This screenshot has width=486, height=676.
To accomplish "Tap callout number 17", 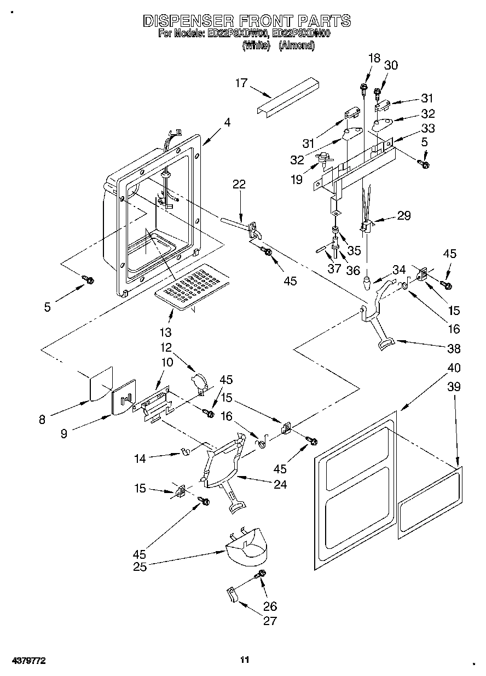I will click(241, 83).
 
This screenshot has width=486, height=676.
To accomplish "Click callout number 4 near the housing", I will click(227, 123).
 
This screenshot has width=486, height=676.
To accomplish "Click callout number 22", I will click(239, 185).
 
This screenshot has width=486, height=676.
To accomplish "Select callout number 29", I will click(404, 215).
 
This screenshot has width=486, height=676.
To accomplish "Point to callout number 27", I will click(269, 621).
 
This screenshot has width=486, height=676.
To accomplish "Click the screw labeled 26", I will click(261, 575).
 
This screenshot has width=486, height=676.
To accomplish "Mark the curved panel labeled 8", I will click(100, 384).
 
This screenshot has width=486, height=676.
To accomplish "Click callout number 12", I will click(166, 347).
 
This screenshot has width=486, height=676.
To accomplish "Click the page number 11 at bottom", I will click(245, 660).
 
